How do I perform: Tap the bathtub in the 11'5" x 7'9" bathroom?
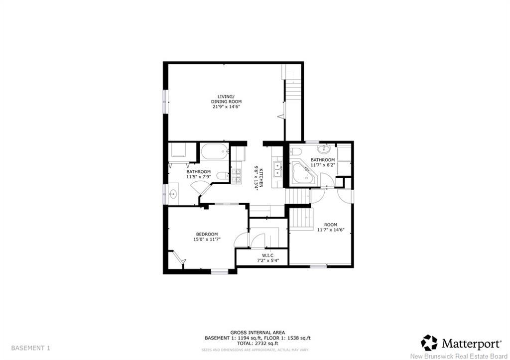click(215, 151)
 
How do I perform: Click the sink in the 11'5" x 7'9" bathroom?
click(174, 193)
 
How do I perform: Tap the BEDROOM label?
click(207, 235)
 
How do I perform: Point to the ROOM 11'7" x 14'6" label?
click(331, 227)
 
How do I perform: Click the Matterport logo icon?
click(429, 343)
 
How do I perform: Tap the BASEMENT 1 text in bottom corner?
click(30, 348)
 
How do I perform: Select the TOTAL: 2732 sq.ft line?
click(257, 343)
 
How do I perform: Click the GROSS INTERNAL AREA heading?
click(257, 332)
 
